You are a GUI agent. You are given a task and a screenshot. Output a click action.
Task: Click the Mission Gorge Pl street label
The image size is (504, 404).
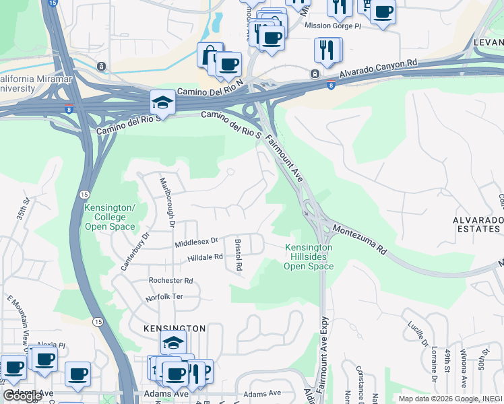point(333,26)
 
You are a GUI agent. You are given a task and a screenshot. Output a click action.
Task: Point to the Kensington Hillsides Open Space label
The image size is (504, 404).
point(309,257)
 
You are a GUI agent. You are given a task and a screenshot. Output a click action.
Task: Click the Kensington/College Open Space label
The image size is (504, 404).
point(110,217)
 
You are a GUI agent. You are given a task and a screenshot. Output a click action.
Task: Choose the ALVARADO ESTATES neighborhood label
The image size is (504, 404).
point(478,225)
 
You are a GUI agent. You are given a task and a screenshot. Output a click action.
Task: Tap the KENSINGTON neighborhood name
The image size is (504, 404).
point(175,328)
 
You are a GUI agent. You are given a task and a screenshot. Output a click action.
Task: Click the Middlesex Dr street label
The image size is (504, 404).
point(197,240)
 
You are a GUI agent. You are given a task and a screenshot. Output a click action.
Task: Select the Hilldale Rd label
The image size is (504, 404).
point(205,257)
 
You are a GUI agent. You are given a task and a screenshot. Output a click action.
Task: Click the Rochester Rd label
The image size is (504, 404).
point(170,280)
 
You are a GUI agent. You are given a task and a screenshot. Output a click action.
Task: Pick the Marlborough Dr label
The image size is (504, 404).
point(166,202)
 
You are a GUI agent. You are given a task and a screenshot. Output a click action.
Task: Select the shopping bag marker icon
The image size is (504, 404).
point(210,55)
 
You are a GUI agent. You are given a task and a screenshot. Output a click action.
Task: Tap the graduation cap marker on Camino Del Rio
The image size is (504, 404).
point(162,102)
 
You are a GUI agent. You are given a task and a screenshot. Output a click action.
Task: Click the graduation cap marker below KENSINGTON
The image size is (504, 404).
point(173,343)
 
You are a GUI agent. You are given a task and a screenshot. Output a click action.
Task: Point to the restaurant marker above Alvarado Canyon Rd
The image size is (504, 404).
point(327,49)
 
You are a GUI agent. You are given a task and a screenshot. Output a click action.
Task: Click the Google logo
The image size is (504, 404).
point(22,396)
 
